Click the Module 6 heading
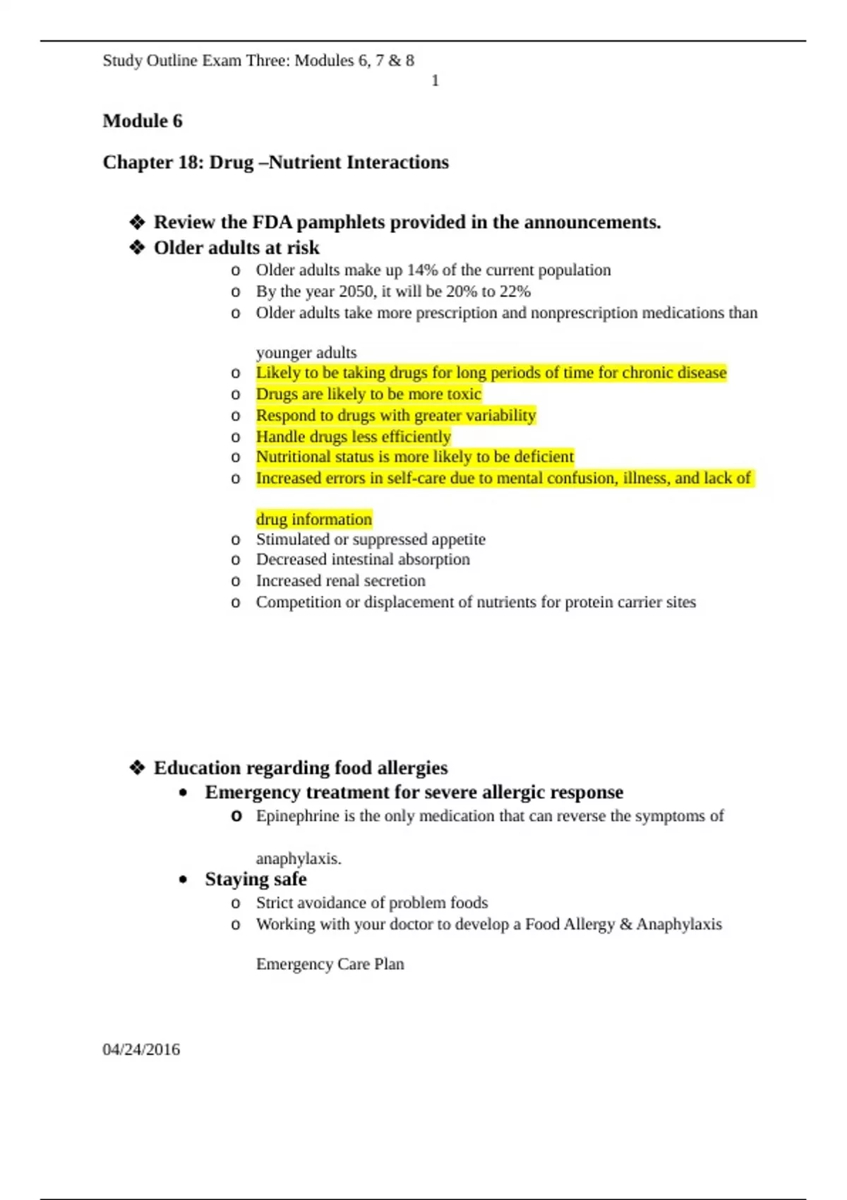(143, 121)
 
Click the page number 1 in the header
(435, 81)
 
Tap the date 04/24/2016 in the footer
(141, 1050)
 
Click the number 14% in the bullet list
(421, 270)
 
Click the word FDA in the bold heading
(272, 222)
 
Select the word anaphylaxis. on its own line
(299, 859)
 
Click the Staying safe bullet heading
(256, 880)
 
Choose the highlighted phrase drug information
(313, 520)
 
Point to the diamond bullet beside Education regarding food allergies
(137, 768)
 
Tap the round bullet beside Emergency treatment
(184, 793)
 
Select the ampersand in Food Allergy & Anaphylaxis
(625, 925)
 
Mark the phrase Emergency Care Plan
(330, 964)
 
